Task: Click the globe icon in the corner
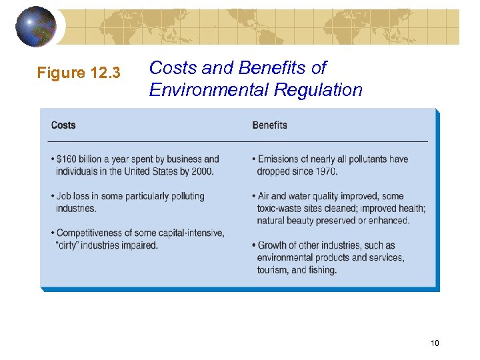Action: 37,26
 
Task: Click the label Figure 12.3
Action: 79,73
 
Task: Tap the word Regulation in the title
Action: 323,89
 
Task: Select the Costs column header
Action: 63,125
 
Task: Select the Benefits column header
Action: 269,125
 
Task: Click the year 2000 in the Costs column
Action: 201,171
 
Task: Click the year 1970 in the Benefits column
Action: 325,171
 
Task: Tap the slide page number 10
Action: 435,343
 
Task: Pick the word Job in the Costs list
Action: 65,196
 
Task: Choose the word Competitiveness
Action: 89,233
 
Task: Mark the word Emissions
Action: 279,159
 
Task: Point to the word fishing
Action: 323,270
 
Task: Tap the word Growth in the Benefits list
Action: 272,245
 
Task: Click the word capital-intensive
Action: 192,233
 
